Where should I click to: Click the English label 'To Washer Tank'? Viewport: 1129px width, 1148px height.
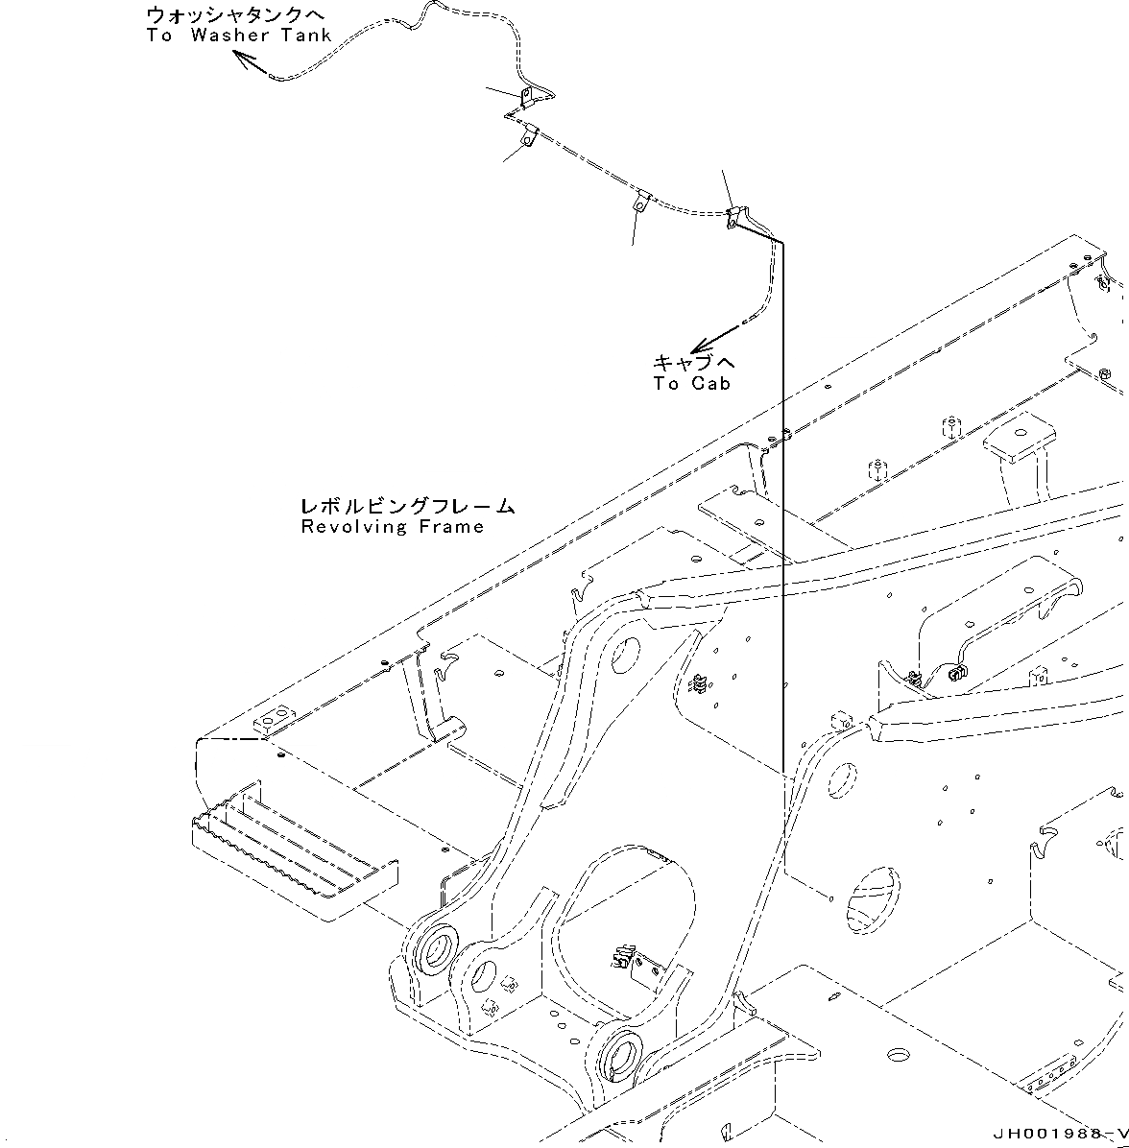pyautogui.click(x=239, y=36)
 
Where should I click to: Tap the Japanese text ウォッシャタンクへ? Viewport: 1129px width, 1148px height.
pyautogui.click(x=235, y=15)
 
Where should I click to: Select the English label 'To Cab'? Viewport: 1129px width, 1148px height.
pyautogui.click(x=691, y=384)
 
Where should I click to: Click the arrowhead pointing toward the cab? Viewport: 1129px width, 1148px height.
pyautogui.click(x=700, y=346)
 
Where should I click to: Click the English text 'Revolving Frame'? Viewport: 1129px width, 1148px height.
pyautogui.click(x=392, y=526)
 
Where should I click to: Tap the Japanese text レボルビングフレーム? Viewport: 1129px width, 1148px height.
pyautogui.click(x=407, y=506)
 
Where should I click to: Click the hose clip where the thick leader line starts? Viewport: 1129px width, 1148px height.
pyautogui.click(x=736, y=217)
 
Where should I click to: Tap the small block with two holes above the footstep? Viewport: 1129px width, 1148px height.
pyautogui.click(x=273, y=717)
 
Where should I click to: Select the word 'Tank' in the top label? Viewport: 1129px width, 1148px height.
pyautogui.click(x=306, y=36)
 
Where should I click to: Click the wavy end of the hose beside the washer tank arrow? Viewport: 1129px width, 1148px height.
pyautogui.click(x=288, y=75)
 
